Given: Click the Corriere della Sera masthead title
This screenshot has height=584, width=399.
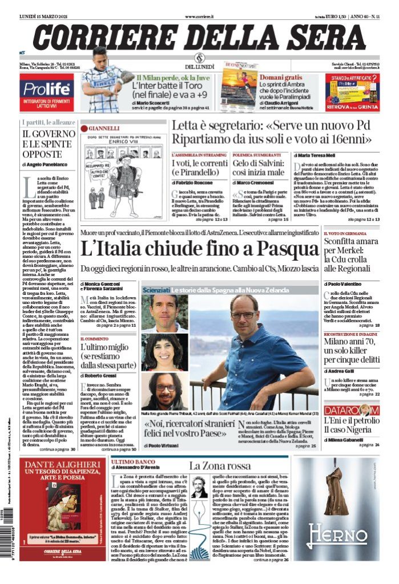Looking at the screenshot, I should [199, 37].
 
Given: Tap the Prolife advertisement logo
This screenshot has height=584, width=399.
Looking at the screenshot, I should [46, 88].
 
